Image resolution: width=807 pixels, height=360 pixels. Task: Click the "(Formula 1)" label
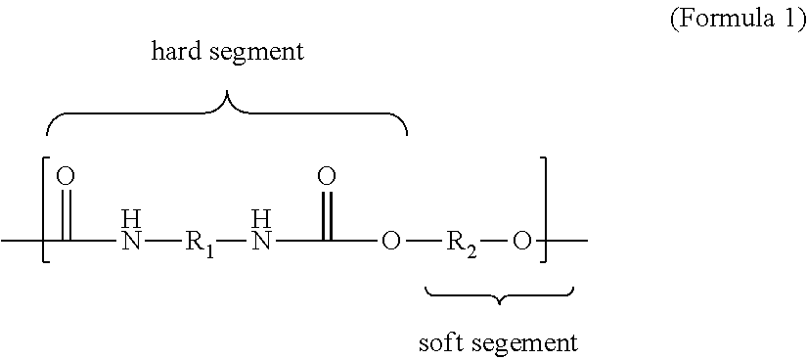coord(737,21)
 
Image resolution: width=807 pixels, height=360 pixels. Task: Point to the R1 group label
coord(199,240)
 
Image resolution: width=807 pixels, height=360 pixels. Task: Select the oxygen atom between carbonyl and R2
coord(390,240)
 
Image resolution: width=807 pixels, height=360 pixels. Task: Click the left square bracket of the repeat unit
coord(44,207)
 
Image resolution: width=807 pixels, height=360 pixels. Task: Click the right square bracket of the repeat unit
coord(545,207)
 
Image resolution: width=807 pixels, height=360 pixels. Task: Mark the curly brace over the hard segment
coord(227,113)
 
